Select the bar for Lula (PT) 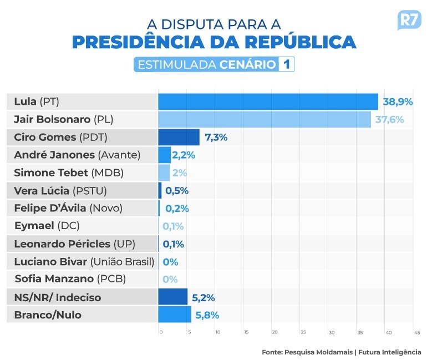(268, 102)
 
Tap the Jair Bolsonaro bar (265, 119)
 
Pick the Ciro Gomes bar (179, 137)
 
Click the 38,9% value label (398, 102)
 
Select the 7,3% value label (216, 138)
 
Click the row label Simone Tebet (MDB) (69, 173)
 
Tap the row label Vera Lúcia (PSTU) (60, 191)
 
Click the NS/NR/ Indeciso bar (172, 297)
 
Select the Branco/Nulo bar (175, 315)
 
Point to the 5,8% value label (206, 315)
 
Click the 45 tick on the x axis (416, 332)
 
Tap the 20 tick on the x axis (274, 332)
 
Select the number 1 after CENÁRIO (286, 64)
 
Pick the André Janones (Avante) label (78, 155)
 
